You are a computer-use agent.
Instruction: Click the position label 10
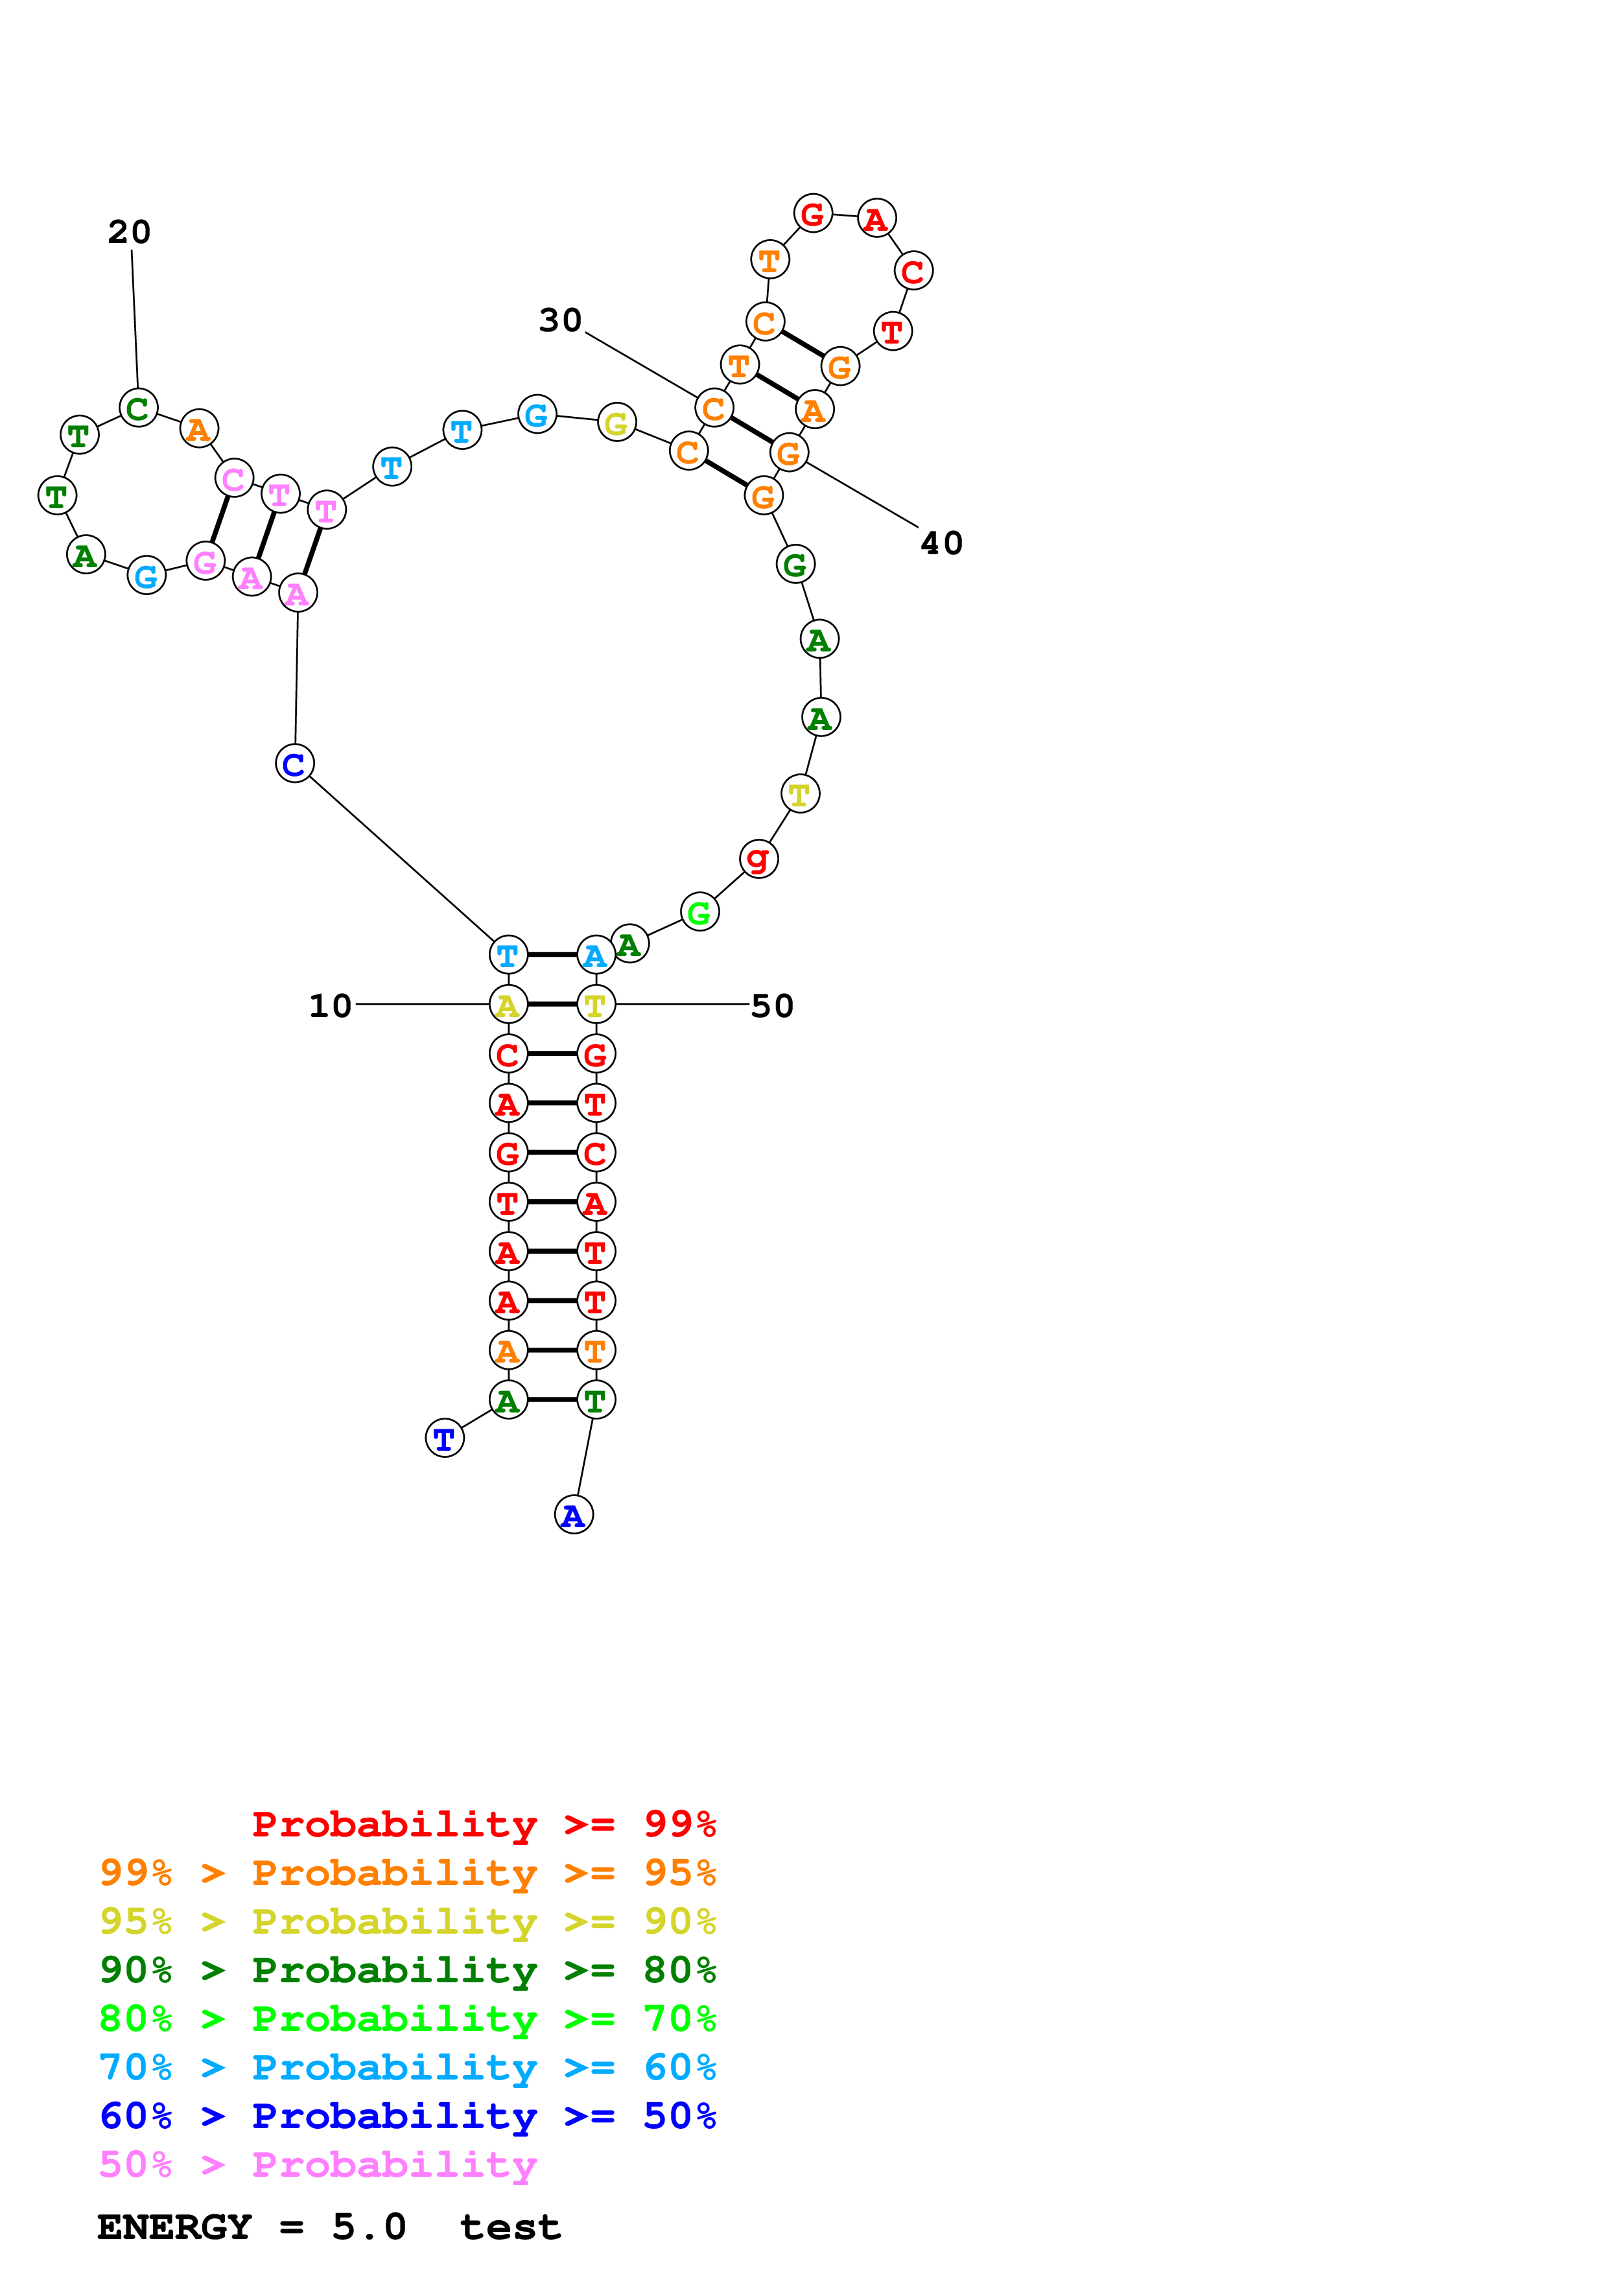click(330, 1006)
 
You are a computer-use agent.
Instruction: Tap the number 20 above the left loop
click(129, 233)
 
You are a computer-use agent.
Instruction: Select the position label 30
click(559, 321)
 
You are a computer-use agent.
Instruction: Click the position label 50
click(771, 1006)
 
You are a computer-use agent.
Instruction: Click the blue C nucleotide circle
click(294, 764)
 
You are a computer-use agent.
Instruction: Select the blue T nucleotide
click(445, 1438)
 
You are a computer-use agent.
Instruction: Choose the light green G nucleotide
click(699, 912)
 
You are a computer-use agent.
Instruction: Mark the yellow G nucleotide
click(616, 424)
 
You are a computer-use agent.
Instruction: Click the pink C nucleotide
click(233, 478)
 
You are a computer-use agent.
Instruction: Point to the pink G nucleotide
click(205, 561)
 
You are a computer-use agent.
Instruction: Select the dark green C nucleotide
click(137, 407)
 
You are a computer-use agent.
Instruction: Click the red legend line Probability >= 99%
click(483, 1824)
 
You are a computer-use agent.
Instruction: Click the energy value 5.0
click(368, 2227)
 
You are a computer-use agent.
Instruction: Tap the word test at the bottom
click(510, 2227)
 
